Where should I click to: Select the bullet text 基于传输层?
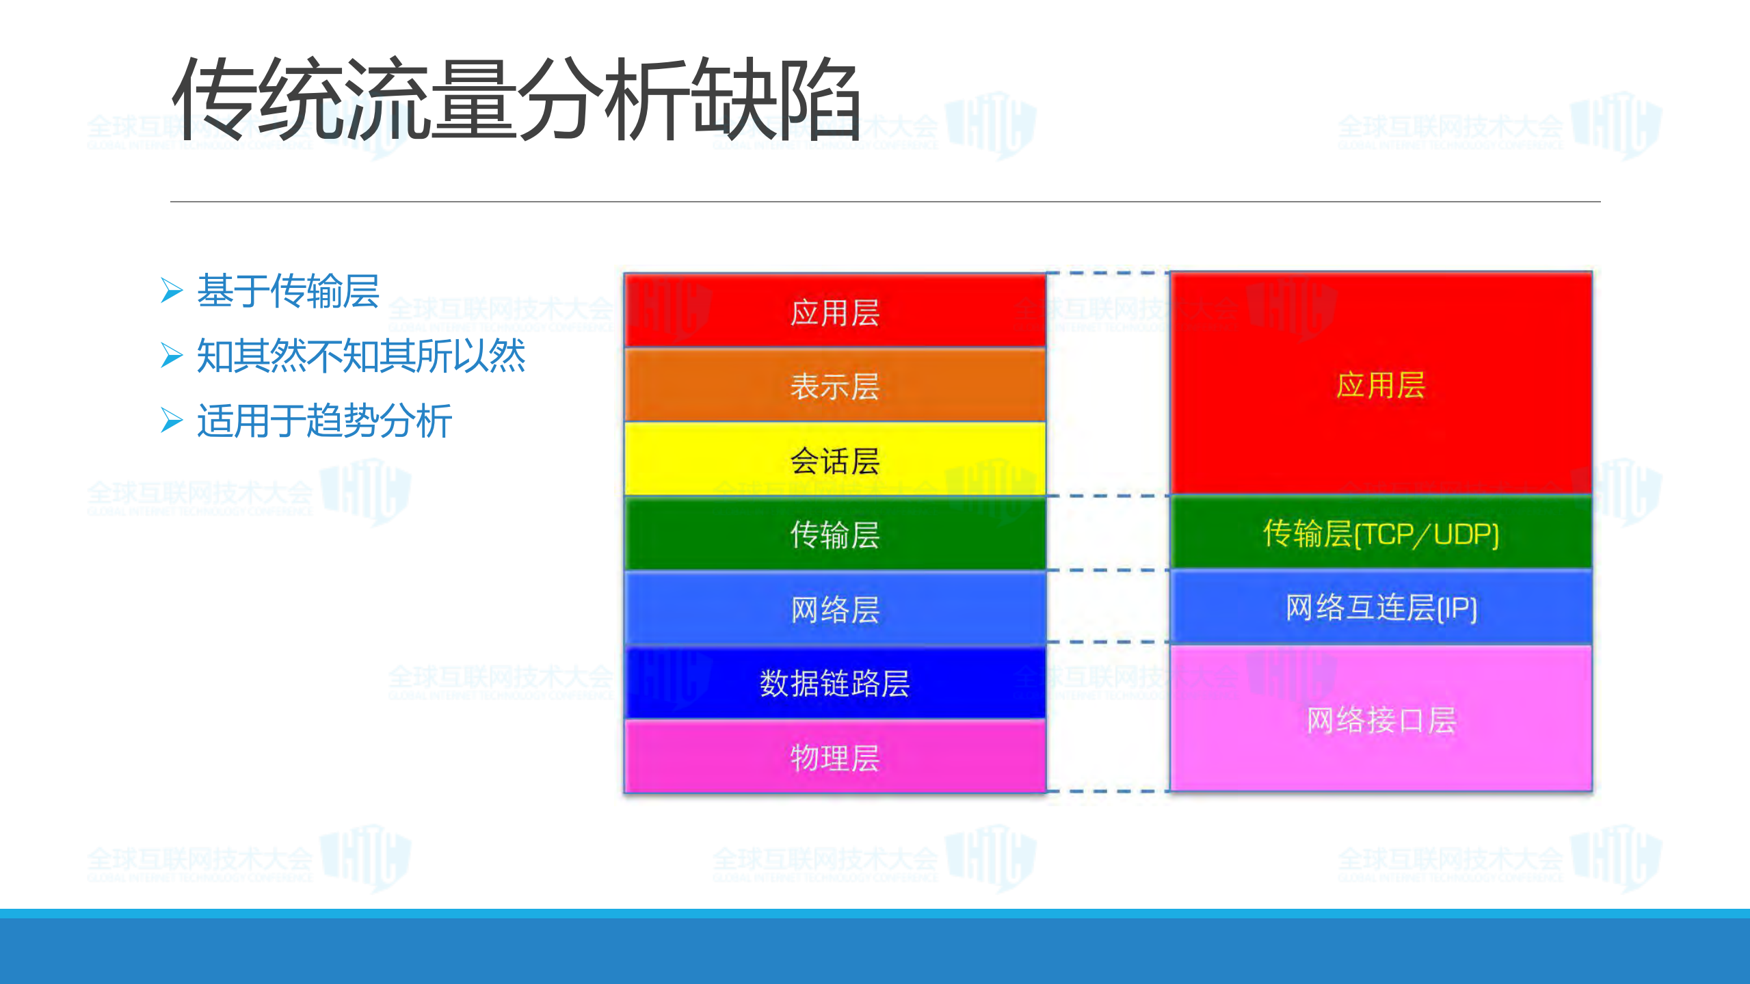point(288,291)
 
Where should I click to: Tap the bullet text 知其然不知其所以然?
point(360,356)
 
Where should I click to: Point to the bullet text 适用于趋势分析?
point(324,421)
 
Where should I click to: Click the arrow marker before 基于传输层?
point(172,291)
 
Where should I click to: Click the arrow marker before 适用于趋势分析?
point(172,420)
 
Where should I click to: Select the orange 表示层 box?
point(834,386)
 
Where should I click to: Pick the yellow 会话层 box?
point(834,460)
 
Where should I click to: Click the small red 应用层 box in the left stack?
point(834,312)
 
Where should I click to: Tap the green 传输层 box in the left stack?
point(834,534)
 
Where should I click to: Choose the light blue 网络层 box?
point(834,609)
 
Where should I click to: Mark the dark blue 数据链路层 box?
point(834,682)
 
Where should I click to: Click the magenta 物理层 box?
point(834,757)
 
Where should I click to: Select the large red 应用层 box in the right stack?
point(1380,384)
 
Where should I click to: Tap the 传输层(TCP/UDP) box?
point(1380,533)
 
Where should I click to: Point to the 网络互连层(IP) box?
point(1380,607)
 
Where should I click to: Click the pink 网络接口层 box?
point(1380,719)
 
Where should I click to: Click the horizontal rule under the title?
point(885,202)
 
